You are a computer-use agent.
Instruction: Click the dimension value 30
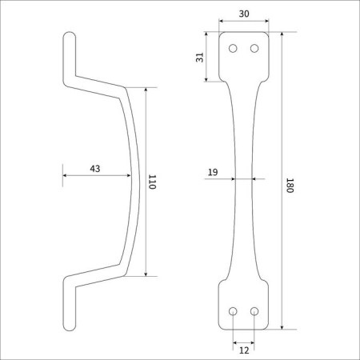point(244,14)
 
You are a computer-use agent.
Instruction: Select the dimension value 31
point(199,58)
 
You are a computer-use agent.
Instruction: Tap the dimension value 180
point(290,186)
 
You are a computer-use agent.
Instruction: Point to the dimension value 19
point(213,172)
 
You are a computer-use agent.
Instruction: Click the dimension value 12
point(244,350)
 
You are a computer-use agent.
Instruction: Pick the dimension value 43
point(95,169)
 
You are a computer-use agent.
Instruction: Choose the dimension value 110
point(152,182)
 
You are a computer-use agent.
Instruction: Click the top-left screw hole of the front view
point(233,49)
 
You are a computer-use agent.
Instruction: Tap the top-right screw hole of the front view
point(254,49)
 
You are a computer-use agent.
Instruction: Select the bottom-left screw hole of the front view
point(233,311)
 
